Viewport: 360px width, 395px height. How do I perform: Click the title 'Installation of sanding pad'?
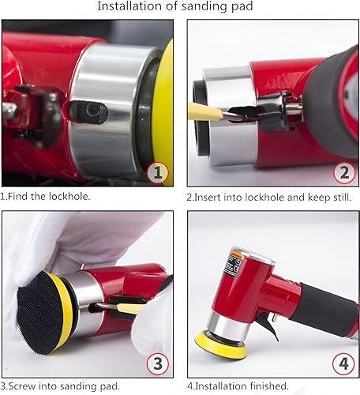[181, 7]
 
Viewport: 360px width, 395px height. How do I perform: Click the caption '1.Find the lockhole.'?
[45, 196]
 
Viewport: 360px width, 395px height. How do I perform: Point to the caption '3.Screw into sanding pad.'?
[61, 386]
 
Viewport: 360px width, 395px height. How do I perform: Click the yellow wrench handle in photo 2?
[201, 110]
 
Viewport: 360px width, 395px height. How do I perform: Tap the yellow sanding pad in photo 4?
[228, 343]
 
